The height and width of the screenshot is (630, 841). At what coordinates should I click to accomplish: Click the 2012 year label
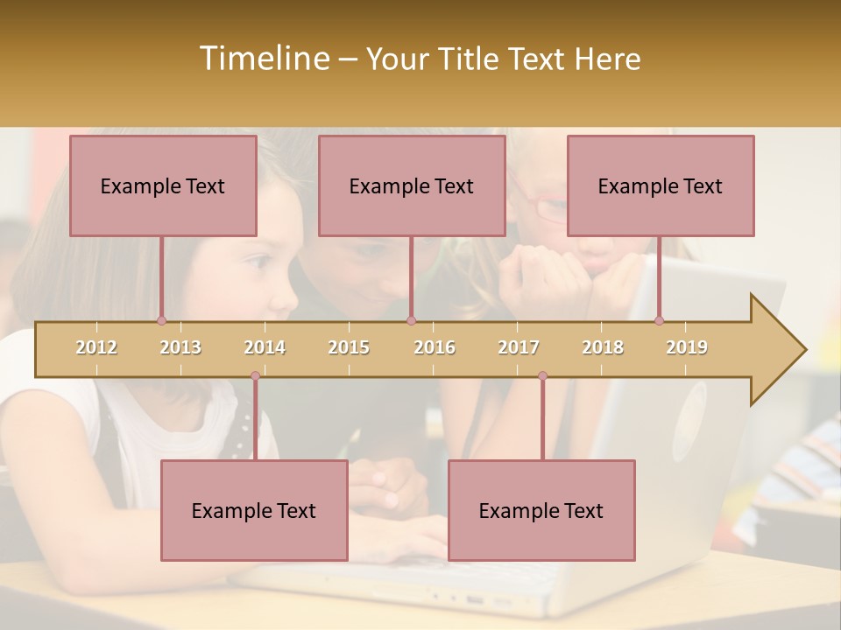coord(96,347)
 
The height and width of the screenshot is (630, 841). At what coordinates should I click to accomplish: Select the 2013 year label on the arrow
coord(180,347)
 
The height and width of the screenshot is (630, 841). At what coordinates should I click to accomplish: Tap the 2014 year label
coord(265,347)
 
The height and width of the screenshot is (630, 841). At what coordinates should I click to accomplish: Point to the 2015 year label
coord(349,347)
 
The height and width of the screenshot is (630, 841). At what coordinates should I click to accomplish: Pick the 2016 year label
coord(435,347)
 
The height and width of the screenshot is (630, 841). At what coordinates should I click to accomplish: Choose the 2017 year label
coord(519,347)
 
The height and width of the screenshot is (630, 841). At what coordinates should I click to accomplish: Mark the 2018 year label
coord(603,347)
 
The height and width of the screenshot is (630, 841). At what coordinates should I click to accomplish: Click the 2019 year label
coord(687,347)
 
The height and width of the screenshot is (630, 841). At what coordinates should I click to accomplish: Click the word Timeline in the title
coord(263,59)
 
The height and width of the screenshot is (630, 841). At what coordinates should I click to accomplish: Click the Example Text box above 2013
coord(163,185)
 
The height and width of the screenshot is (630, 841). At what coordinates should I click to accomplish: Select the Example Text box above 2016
coord(412,185)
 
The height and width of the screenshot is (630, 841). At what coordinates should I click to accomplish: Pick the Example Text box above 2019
coord(661,185)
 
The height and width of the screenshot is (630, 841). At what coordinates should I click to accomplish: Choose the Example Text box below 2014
coord(254,510)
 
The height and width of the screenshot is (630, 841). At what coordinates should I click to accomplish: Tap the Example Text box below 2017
coord(541,510)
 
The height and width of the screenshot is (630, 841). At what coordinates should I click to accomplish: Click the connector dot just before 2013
coord(161,320)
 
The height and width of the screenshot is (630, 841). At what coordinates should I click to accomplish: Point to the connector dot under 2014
coord(255,376)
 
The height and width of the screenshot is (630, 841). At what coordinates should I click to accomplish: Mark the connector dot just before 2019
coord(659,320)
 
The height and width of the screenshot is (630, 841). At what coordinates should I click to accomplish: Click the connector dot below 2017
coord(542,376)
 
